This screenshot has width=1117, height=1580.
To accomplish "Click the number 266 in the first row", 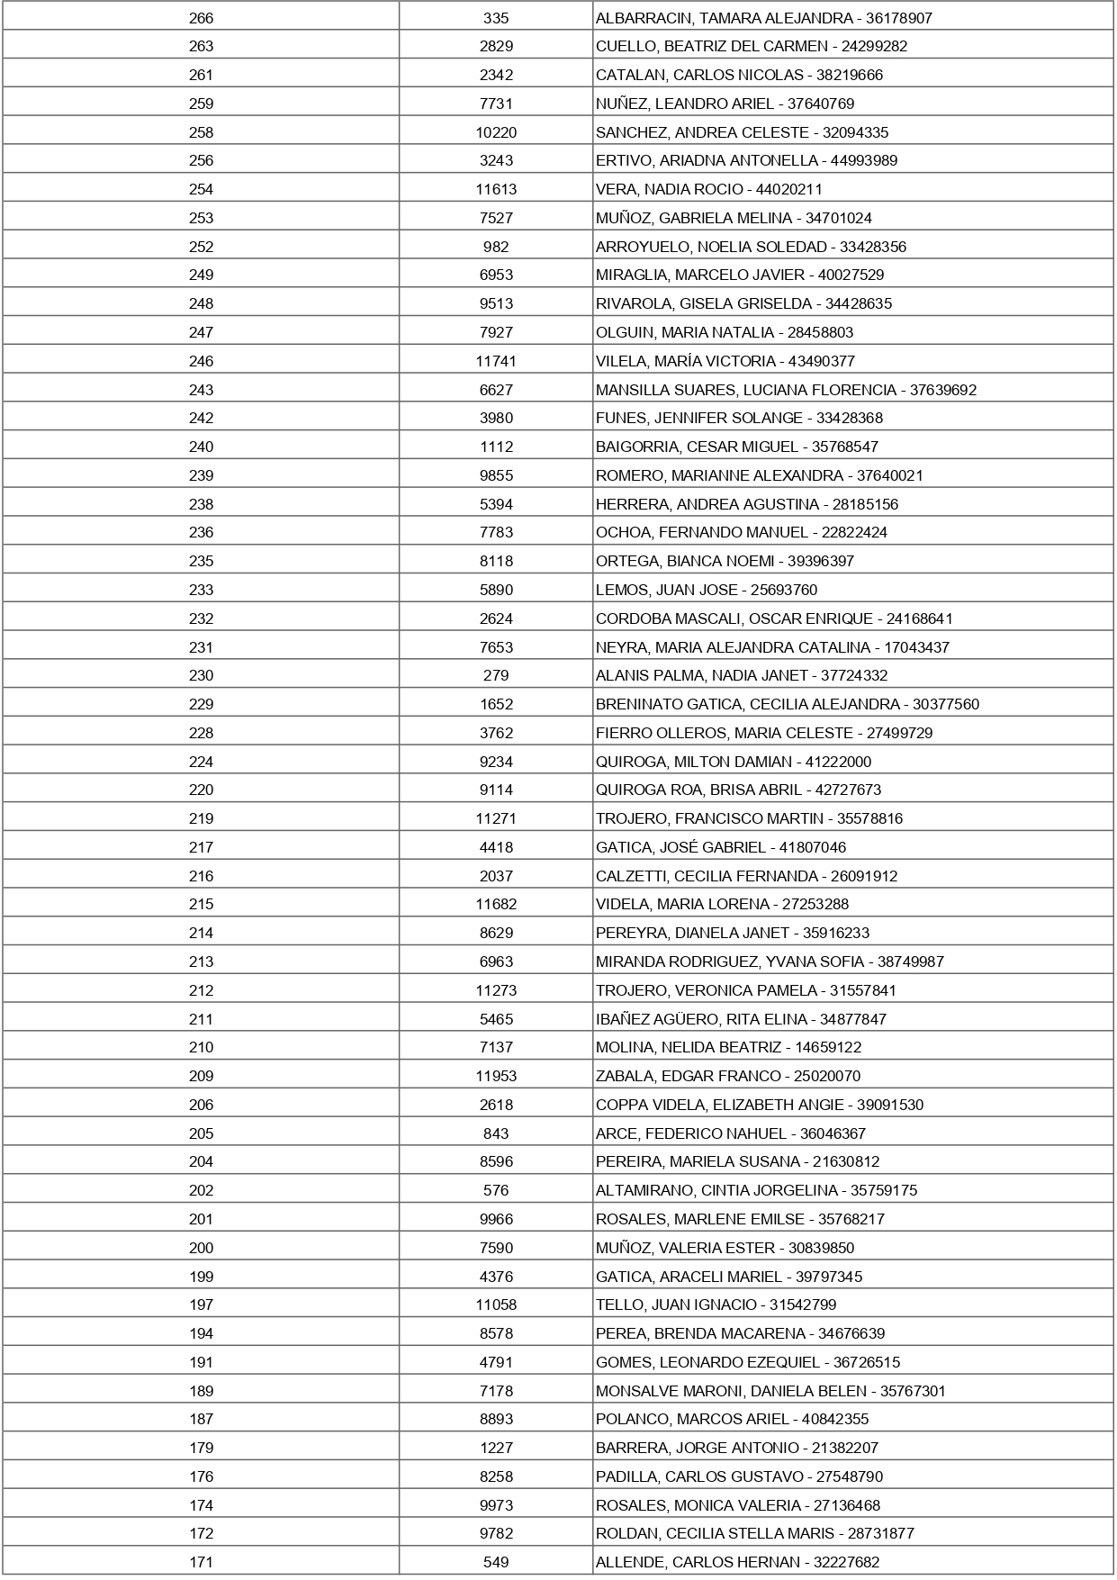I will [x=201, y=18].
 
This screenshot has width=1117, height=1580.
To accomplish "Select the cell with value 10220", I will [x=496, y=132].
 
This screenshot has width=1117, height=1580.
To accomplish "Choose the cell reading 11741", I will [x=496, y=361].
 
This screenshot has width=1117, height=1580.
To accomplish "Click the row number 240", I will [x=201, y=447].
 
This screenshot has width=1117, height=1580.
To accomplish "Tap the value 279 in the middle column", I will [x=496, y=675].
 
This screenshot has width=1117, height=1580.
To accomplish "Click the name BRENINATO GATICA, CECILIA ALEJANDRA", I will [x=747, y=704].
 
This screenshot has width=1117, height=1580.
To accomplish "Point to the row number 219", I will [x=201, y=818].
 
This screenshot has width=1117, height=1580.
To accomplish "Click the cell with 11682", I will [x=496, y=904].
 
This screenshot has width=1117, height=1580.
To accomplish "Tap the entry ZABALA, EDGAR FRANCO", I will [x=688, y=1076].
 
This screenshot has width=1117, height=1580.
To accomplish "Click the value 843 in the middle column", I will [x=496, y=1133].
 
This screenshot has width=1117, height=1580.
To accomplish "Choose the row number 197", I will [x=201, y=1305].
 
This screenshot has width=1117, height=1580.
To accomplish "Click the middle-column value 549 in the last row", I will [x=496, y=1562].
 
